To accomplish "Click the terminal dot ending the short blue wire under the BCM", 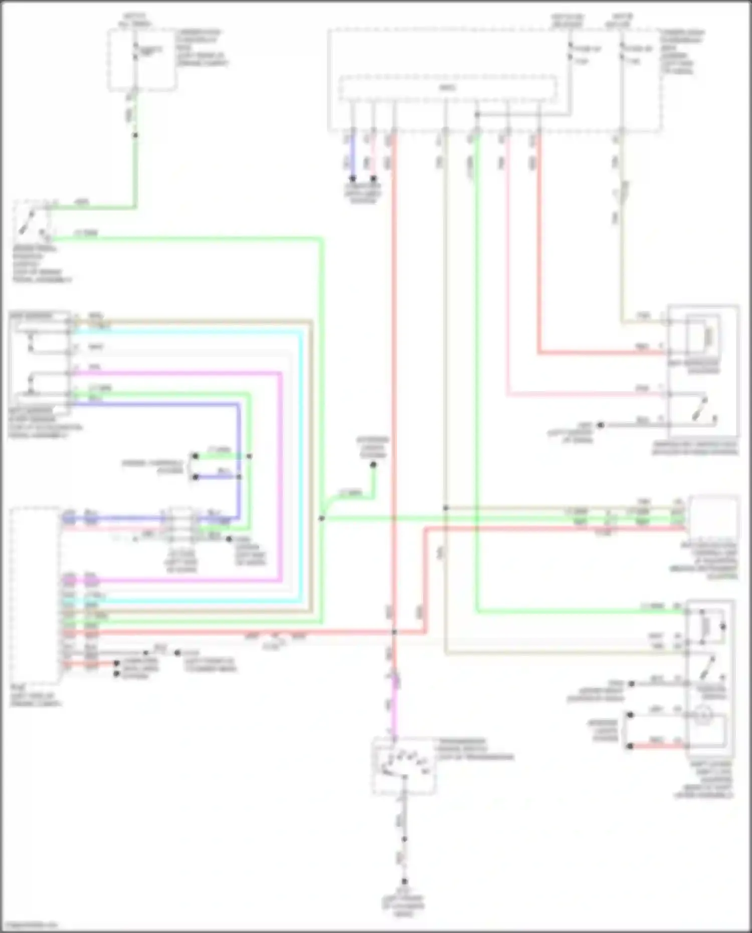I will (x=353, y=178).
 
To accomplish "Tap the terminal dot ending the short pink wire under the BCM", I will (x=373, y=178).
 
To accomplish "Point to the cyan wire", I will (x=301, y=451).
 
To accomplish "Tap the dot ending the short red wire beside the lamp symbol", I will (x=630, y=746).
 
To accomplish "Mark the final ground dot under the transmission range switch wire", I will (x=405, y=881).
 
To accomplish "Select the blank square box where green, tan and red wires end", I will (x=713, y=516).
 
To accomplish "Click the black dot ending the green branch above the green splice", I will (x=373, y=465).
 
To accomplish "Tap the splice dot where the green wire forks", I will (x=322, y=518).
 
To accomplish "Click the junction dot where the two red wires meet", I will (x=395, y=633).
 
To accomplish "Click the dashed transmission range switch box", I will (x=404, y=766).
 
